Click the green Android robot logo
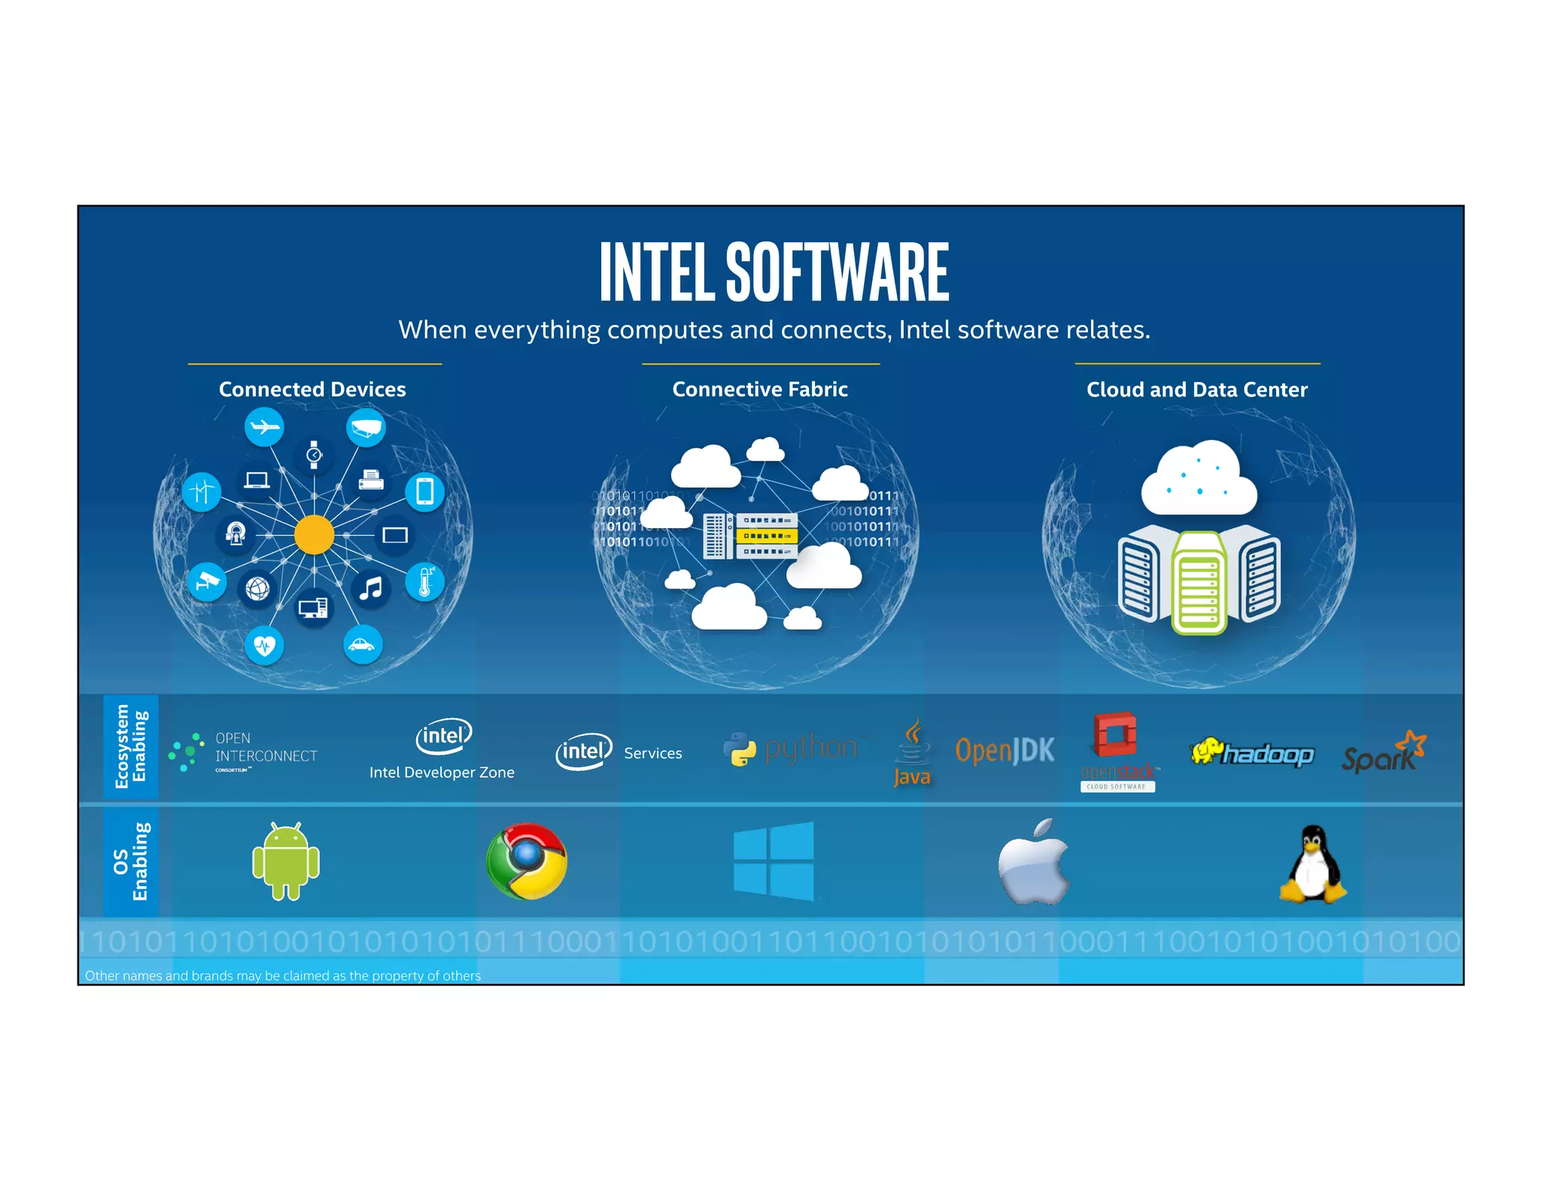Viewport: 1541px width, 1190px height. pos(286,861)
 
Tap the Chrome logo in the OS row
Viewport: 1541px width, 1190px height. pos(527,861)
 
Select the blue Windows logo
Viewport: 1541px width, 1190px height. pos(774,861)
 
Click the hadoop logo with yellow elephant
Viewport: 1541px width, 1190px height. pos(1252,752)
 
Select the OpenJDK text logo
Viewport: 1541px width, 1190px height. pos(1005,751)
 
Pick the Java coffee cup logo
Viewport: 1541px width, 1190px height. pos(913,752)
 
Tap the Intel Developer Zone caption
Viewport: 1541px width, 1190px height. pos(442,773)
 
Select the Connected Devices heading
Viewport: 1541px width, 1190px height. pos(312,390)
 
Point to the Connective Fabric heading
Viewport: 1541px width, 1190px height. pos(760,390)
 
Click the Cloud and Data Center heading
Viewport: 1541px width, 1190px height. pos(1197,390)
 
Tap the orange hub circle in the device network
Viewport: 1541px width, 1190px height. pos(314,535)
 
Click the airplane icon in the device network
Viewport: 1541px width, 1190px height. pos(264,427)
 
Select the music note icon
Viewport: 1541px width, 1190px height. pos(370,588)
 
